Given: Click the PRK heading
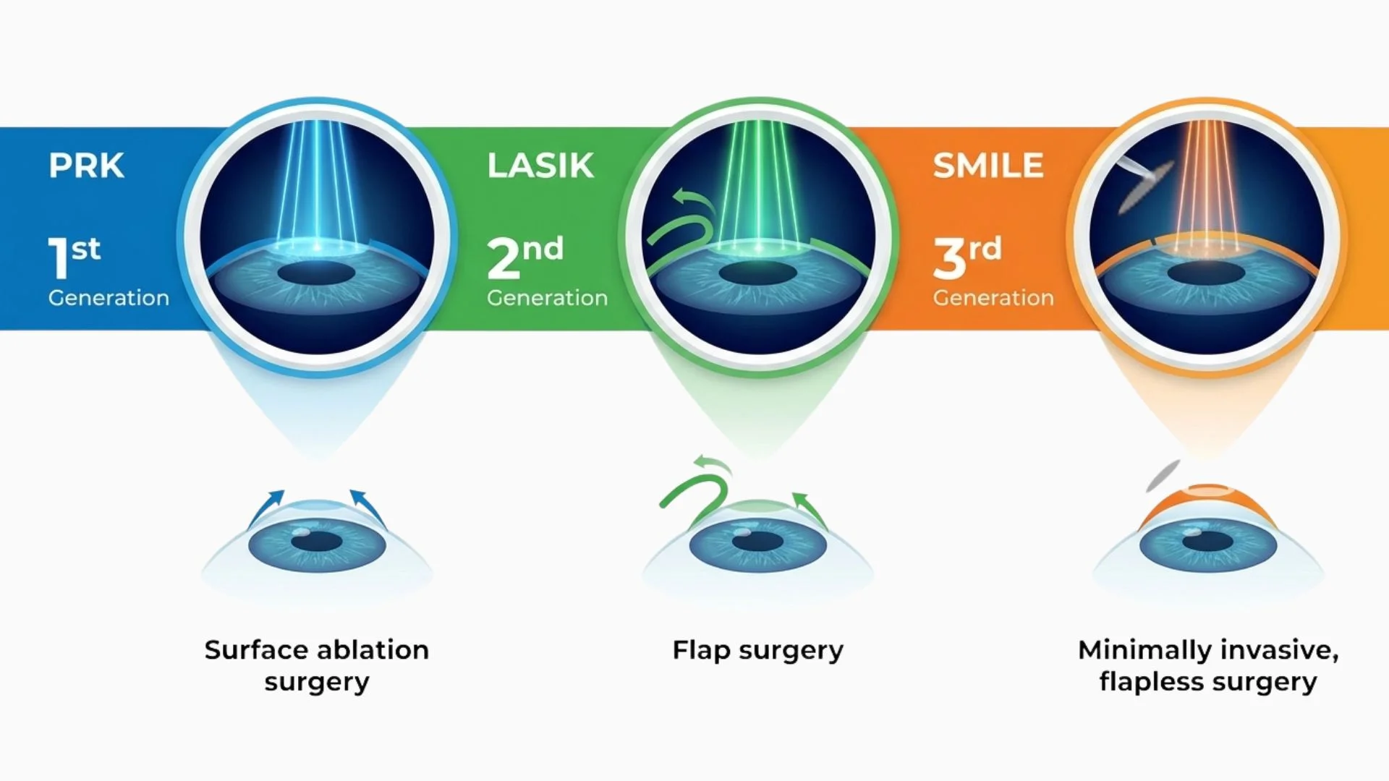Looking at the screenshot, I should pos(86,166).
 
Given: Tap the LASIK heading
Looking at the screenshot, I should pos(540,166).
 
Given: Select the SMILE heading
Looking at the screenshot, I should pos(987,166).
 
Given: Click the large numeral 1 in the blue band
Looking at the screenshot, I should pos(58,258).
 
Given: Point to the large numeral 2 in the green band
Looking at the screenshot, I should pos(504,258).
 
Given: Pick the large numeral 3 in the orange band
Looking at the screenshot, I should pos(949,258).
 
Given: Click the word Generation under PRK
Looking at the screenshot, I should pos(109,297).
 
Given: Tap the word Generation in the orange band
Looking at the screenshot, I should pos(993,297).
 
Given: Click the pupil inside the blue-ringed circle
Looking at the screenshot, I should pos(316,273).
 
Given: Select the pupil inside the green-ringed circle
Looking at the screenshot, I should pos(757,273).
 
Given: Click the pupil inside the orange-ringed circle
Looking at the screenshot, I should pos(1206,273).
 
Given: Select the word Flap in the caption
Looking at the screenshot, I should pos(701,651).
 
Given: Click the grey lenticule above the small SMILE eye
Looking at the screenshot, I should pos(1163,475).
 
